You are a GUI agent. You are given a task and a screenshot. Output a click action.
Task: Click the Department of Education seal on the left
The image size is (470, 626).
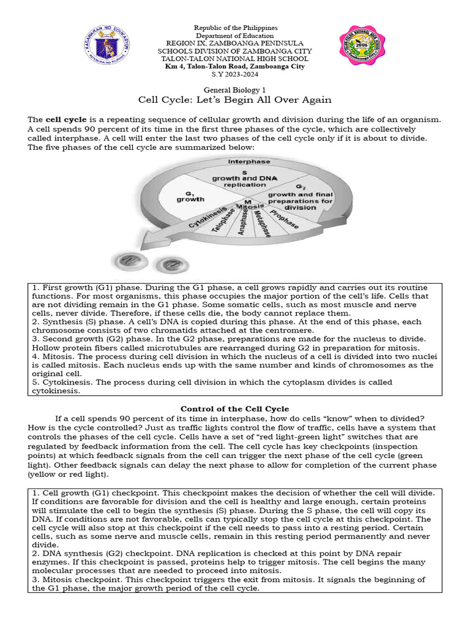(x=105, y=46)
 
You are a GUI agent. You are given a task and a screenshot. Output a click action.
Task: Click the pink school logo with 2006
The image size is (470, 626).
(x=364, y=48)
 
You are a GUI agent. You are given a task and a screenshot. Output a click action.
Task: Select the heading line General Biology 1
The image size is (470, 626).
(x=236, y=89)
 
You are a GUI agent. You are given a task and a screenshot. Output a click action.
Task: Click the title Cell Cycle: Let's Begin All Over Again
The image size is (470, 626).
(x=236, y=100)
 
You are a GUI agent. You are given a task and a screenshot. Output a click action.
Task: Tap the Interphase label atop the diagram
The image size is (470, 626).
(x=249, y=161)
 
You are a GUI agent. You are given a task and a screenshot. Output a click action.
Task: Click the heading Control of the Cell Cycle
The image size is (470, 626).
(x=234, y=408)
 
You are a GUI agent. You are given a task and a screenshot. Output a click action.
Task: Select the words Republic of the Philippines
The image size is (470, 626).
(x=236, y=28)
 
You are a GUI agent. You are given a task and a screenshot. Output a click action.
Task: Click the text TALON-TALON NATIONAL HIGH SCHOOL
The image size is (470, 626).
(x=236, y=59)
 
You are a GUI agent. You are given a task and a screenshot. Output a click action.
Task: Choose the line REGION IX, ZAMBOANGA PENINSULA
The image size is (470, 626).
(x=236, y=43)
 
